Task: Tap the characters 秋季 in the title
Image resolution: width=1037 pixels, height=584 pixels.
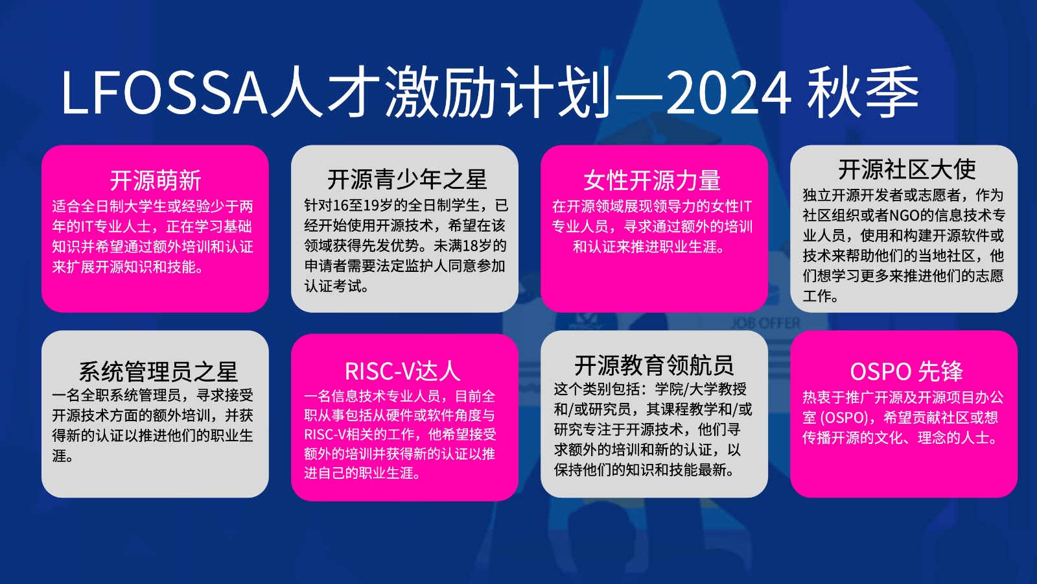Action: coord(863,91)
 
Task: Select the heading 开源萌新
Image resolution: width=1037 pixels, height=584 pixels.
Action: coord(156,180)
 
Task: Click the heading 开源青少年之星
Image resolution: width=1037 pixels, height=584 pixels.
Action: coord(407,179)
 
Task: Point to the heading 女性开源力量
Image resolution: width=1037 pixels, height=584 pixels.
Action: coord(652,180)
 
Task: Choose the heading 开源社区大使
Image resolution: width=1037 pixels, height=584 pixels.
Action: coord(907,169)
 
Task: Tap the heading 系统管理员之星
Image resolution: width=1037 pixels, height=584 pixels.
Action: coord(158,372)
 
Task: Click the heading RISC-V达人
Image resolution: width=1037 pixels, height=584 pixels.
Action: coord(402,371)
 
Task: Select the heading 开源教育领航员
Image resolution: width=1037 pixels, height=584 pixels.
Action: coord(654,365)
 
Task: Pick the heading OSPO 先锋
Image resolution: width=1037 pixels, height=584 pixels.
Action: coord(907,371)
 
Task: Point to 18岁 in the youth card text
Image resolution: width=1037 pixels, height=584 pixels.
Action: coord(485,245)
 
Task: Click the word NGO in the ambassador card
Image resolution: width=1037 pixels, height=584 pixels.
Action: coord(904,215)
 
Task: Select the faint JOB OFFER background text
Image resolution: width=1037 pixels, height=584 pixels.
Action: coord(765,323)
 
